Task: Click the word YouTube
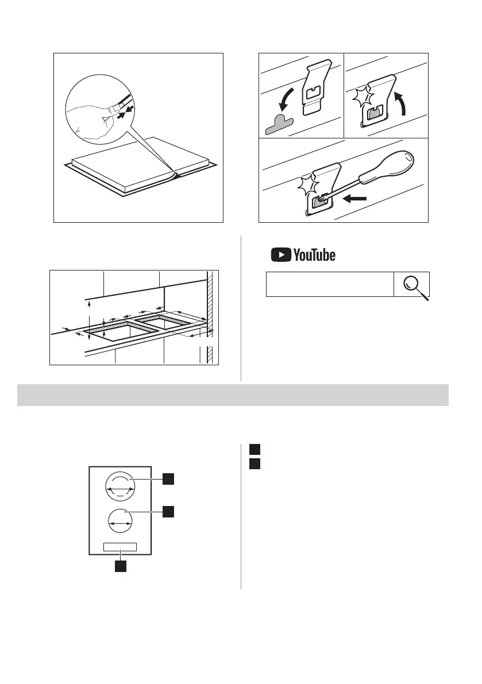(314, 255)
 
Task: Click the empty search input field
(329, 284)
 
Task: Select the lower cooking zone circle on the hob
(121, 523)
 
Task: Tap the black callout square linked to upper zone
(168, 478)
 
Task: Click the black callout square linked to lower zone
(168, 511)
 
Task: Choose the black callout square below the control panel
(120, 566)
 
